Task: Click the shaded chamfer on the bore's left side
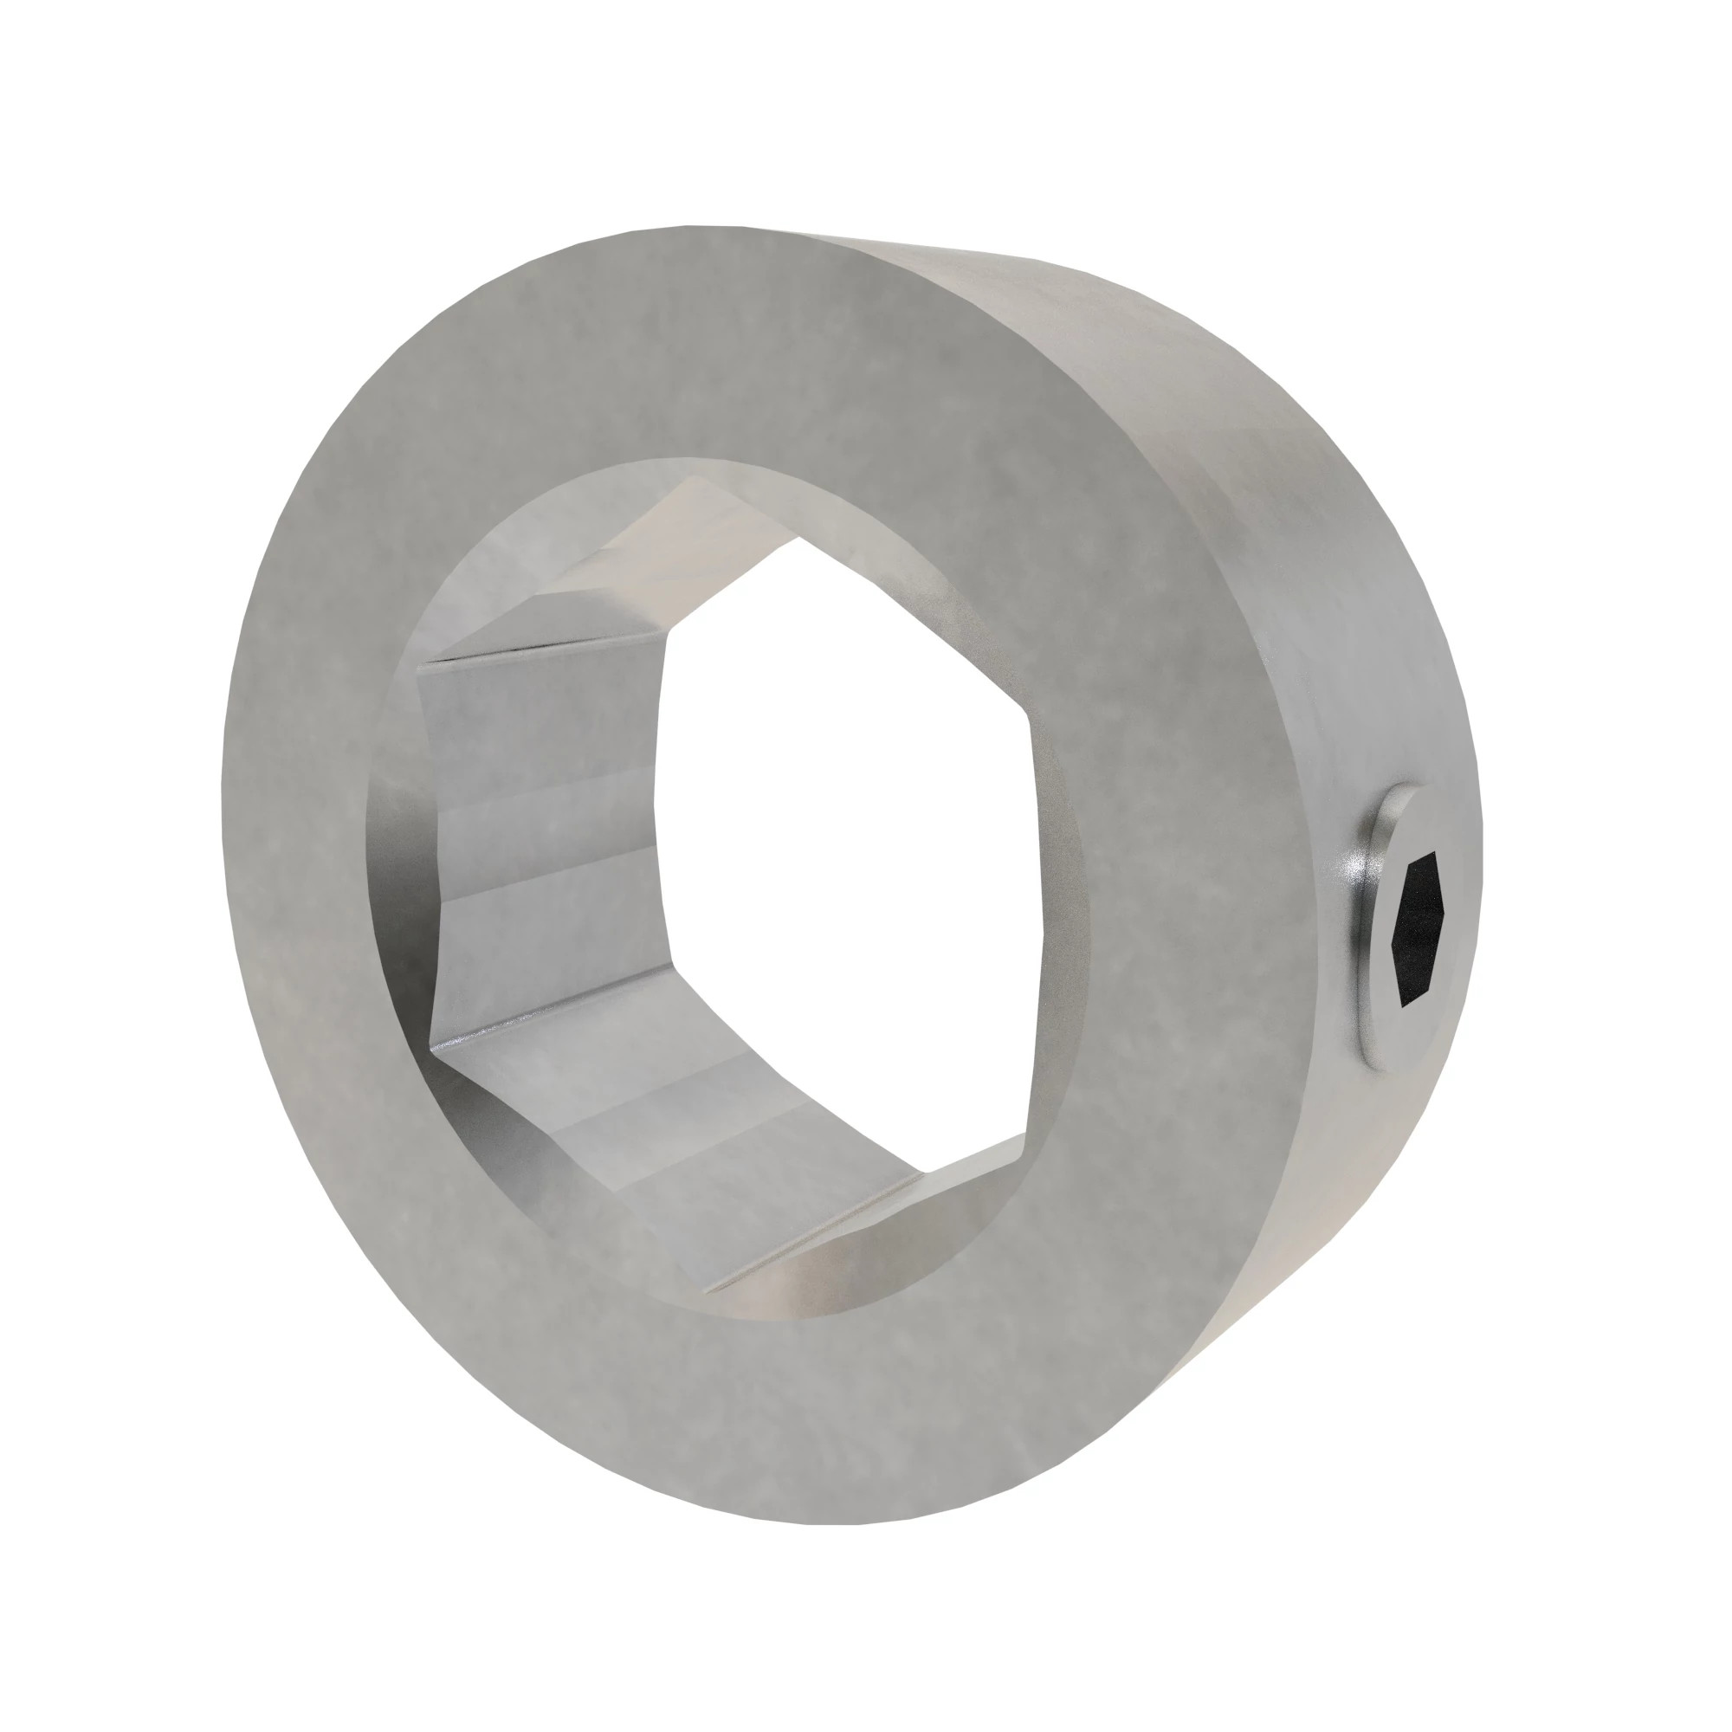pyautogui.click(x=394, y=851)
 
